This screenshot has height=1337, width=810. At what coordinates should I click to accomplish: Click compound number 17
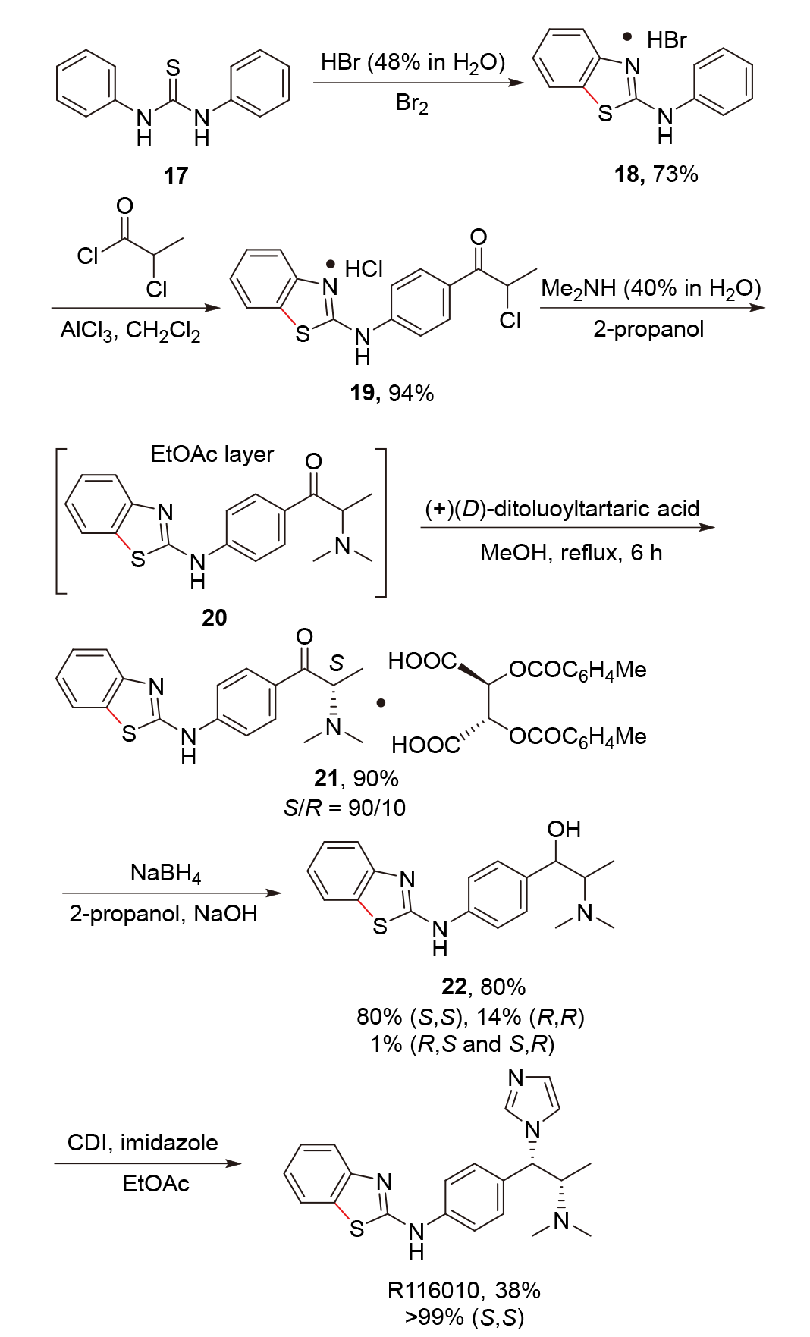[175, 175]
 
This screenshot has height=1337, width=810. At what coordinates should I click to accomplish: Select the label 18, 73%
[655, 174]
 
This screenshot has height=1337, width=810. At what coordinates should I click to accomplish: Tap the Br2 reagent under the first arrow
[412, 103]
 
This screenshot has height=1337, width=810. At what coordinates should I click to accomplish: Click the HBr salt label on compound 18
[667, 39]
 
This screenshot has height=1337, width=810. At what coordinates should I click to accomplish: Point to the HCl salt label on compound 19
[363, 269]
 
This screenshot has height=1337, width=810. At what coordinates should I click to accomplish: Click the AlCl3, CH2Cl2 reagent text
[130, 331]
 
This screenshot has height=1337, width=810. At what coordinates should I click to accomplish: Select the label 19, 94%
[391, 392]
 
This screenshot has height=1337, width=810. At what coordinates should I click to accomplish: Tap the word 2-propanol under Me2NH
[648, 329]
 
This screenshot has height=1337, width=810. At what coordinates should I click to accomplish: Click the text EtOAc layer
[212, 454]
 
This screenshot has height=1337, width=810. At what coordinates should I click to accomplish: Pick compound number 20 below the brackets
[214, 618]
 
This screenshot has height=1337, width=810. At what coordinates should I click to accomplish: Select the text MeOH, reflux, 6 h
[571, 552]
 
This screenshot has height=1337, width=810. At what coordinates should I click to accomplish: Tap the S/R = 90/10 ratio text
[344, 808]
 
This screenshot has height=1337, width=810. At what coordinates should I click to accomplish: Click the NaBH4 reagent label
[165, 874]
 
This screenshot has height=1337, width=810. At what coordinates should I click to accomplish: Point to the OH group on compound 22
[564, 829]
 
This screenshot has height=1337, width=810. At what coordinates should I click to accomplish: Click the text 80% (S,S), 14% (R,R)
[470, 1016]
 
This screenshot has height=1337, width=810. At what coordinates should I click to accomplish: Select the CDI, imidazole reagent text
[143, 1142]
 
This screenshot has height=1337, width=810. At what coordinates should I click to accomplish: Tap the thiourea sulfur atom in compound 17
[173, 68]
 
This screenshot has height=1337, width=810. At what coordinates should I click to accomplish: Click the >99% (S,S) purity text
[464, 1318]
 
